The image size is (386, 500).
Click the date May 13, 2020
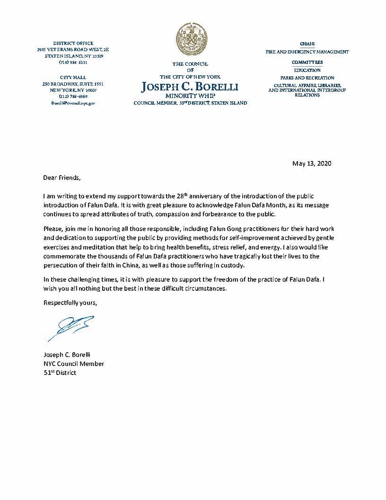pos(312,164)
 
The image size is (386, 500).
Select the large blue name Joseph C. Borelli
pos(190,87)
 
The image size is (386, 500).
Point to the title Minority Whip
pos(190,96)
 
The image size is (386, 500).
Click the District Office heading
pos(73,43)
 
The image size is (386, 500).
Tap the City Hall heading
pos(73,77)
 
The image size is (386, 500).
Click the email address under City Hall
pos(73,102)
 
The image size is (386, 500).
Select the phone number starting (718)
pos(73,62)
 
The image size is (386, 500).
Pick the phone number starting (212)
pos(73,96)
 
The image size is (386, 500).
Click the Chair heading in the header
pos(307,44)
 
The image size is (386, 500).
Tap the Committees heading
pos(307,62)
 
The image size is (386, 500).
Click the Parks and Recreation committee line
pos(307,78)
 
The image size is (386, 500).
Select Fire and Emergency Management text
pos(307,52)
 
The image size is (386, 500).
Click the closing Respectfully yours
pos(70,303)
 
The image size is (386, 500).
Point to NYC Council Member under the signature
pos(73,364)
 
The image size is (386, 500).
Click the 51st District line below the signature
pos(60,373)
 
